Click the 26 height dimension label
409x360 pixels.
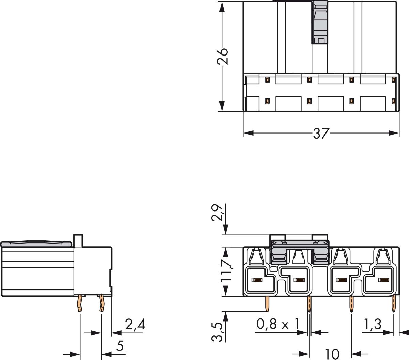222,56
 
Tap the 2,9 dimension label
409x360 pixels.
217,213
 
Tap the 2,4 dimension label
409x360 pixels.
135,325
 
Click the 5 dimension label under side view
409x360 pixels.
120,346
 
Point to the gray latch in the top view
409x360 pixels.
320,22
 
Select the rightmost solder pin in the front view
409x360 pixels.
394,304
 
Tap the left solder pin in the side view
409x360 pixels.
80,303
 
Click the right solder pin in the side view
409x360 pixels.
101,303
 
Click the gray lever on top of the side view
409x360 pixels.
36,244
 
